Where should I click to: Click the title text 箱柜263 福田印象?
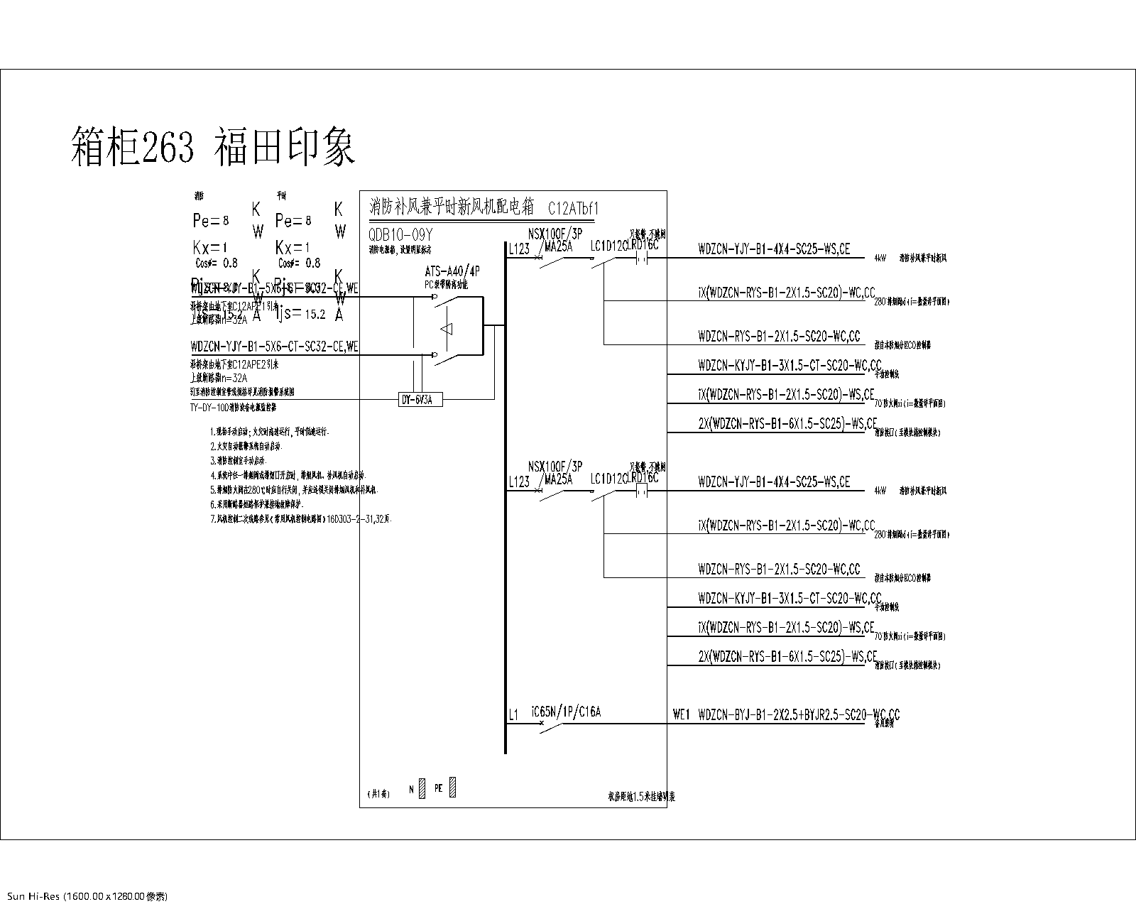213,146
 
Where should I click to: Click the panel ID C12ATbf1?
574,209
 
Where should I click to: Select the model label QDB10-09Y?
400,234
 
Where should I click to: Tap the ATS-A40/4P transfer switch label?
451,271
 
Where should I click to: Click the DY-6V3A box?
421,401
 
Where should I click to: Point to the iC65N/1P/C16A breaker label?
565,712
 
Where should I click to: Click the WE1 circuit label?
681,714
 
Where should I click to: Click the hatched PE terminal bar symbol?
453,788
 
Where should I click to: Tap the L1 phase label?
513,716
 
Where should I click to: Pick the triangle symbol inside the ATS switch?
447,329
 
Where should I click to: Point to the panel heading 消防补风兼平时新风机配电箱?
451,207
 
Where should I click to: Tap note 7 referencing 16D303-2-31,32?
301,519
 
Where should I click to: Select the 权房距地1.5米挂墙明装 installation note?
636,797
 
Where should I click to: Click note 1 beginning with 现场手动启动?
269,432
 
